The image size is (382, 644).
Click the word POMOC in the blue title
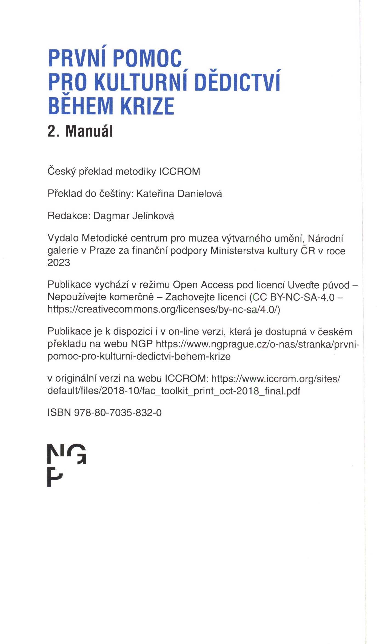click(147, 58)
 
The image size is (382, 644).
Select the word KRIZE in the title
click(147, 106)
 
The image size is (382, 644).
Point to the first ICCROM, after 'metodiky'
click(179, 172)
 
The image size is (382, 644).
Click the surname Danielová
click(199, 194)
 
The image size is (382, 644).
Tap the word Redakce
click(69, 216)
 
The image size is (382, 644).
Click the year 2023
click(59, 263)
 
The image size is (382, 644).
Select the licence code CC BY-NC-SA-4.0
click(294, 297)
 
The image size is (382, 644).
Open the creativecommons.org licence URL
click(164, 309)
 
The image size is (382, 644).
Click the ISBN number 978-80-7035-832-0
click(118, 413)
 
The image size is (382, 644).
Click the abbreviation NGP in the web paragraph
click(142, 344)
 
